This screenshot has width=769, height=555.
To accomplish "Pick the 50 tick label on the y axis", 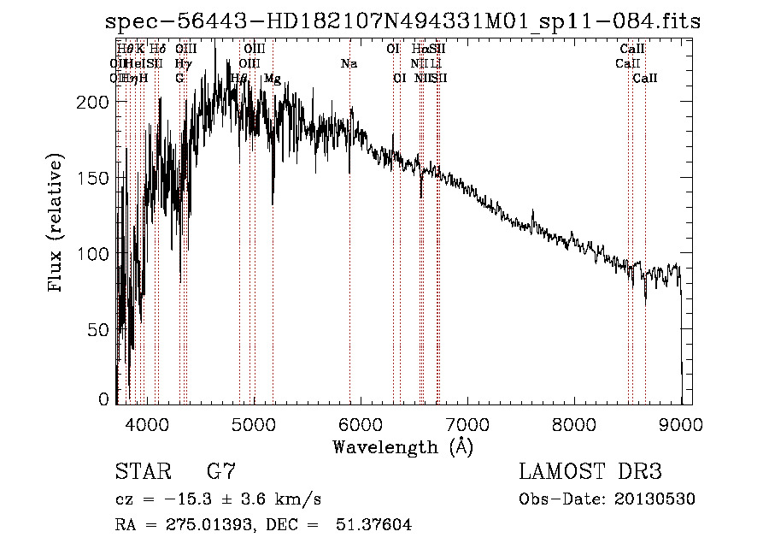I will (100, 329).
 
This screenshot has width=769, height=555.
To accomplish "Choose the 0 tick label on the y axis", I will (104, 399).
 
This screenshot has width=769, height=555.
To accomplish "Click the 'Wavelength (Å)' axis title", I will (402, 446).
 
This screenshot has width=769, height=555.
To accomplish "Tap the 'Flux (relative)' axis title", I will (57, 225).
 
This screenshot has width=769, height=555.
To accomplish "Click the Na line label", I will (349, 64).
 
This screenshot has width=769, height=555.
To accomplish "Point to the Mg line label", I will (273, 79).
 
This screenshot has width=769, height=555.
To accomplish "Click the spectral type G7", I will (220, 472).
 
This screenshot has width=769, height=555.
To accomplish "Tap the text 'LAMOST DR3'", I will (590, 472).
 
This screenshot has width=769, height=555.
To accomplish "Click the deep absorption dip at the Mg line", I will (273, 202).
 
